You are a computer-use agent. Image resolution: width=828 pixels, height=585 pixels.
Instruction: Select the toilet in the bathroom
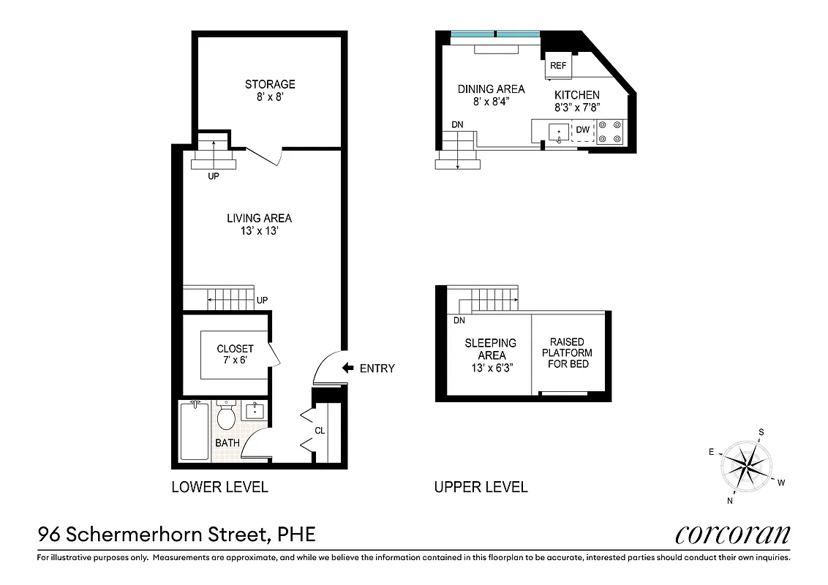(226, 417)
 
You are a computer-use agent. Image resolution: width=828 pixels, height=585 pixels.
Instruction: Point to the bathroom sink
(255, 411)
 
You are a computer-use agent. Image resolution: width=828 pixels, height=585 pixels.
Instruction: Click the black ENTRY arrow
(348, 369)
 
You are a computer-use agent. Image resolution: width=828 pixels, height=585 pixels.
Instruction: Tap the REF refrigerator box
(558, 65)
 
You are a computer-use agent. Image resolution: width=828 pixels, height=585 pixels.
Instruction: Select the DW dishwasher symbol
(582, 130)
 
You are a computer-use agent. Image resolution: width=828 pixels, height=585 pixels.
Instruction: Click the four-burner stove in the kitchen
(609, 131)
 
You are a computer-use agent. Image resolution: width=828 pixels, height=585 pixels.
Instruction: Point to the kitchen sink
(558, 132)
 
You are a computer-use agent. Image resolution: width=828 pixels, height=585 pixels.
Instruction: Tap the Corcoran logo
(732, 535)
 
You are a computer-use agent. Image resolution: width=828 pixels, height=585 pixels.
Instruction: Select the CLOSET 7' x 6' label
(235, 355)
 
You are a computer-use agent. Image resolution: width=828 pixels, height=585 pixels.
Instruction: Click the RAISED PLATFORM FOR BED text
(568, 353)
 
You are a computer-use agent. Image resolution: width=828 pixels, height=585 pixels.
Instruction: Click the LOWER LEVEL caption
(219, 487)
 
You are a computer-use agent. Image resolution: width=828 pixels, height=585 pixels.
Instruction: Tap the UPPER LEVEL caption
(481, 487)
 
